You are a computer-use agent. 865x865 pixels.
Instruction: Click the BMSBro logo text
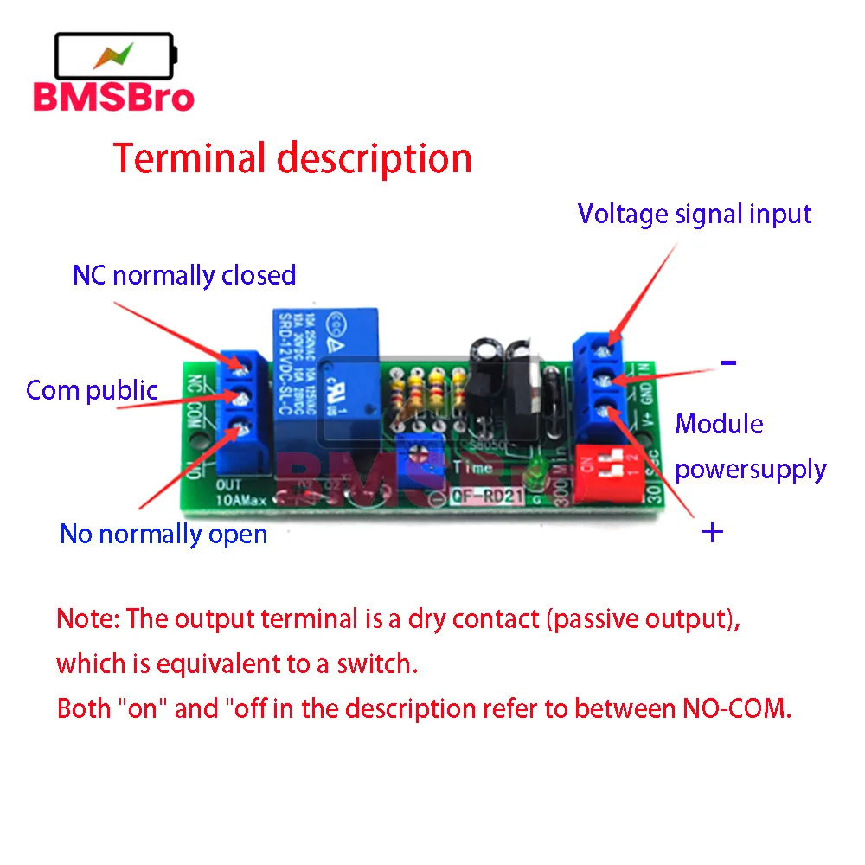(113, 97)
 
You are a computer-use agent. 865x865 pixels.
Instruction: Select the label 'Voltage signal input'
(695, 214)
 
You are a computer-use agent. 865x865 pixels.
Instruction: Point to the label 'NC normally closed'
(184, 275)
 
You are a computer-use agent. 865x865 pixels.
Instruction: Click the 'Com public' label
(92, 390)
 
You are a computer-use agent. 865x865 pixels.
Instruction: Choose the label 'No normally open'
(163, 534)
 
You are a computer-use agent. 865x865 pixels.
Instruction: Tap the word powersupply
(750, 470)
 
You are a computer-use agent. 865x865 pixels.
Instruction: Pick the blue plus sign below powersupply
(711, 532)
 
